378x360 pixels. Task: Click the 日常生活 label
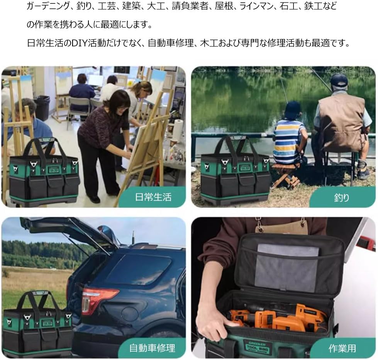tap(153, 197)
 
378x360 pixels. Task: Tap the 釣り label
tap(342, 198)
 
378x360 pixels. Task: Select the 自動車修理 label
tap(152, 348)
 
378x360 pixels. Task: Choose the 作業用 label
tap(342, 348)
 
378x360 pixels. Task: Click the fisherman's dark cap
tap(339, 81)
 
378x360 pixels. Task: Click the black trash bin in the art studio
tap(43, 108)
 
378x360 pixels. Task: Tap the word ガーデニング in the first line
tap(48, 6)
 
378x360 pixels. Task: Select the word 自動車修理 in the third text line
tap(171, 43)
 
